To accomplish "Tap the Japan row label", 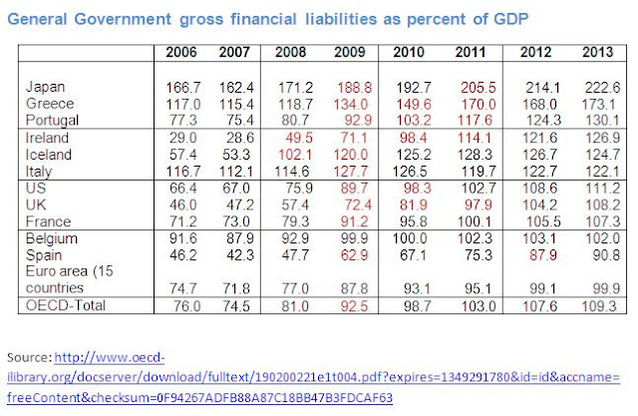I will click(47, 88).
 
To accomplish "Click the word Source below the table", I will click(32, 357).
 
